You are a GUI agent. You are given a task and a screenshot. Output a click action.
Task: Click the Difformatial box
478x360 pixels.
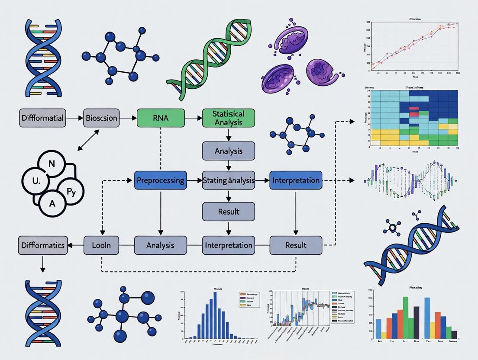[42, 118]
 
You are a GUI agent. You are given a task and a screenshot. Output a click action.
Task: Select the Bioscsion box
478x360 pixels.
[101, 118]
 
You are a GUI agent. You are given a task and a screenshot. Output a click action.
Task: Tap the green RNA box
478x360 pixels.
[161, 118]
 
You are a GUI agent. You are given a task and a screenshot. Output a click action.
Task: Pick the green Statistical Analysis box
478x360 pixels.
[229, 118]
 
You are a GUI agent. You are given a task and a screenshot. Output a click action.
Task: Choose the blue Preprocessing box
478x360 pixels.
[160, 180]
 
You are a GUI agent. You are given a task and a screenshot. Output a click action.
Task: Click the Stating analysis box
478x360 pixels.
[229, 180]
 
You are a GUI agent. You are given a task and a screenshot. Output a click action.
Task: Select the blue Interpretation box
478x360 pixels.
[296, 180]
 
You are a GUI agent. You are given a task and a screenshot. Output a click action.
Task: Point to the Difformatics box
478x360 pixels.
[42, 245]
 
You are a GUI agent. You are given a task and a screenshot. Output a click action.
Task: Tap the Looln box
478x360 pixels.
[101, 245]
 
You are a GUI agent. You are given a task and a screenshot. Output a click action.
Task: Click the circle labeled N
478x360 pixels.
[52, 164]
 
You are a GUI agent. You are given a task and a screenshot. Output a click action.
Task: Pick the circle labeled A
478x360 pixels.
[52, 202]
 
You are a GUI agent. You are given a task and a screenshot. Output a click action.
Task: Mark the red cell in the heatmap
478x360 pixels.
[414, 111]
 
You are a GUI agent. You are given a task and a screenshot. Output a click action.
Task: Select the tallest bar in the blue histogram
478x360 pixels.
[215, 315]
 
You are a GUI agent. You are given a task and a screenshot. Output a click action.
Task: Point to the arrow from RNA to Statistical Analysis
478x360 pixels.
[194, 118]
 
